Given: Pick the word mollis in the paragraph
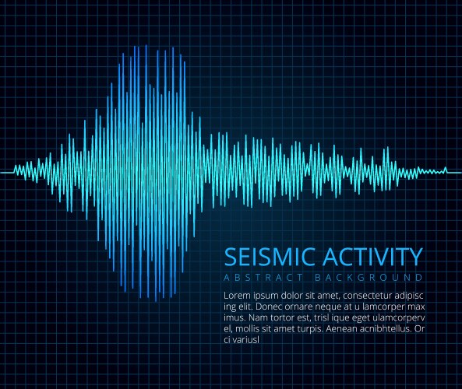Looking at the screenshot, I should [x=251, y=328].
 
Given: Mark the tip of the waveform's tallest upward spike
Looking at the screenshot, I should [x=146, y=44].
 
